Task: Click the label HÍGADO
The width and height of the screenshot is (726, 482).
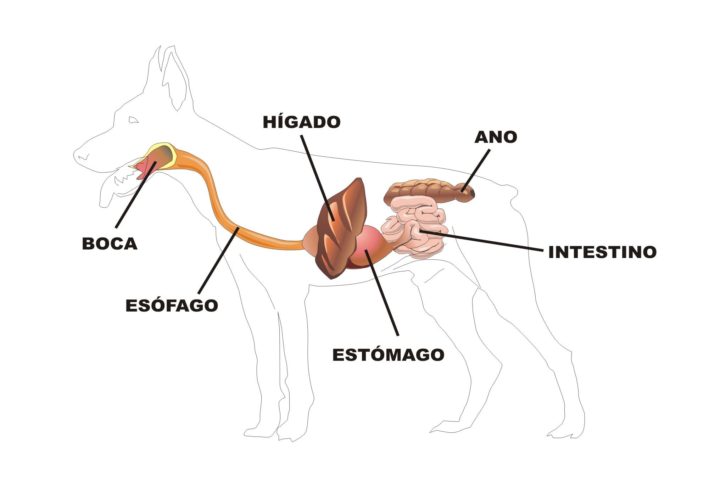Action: click(302, 122)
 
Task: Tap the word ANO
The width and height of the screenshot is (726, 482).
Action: click(496, 137)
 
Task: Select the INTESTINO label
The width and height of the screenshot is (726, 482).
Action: click(602, 252)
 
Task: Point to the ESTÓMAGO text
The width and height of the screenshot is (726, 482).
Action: click(388, 355)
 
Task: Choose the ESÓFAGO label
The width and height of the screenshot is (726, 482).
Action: click(172, 306)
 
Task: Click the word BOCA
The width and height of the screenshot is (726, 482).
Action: click(110, 244)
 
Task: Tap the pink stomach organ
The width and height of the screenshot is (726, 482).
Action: click(372, 241)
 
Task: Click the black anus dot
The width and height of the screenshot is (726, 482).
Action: click(472, 192)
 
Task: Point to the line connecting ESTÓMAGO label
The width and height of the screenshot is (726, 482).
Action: click(383, 294)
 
